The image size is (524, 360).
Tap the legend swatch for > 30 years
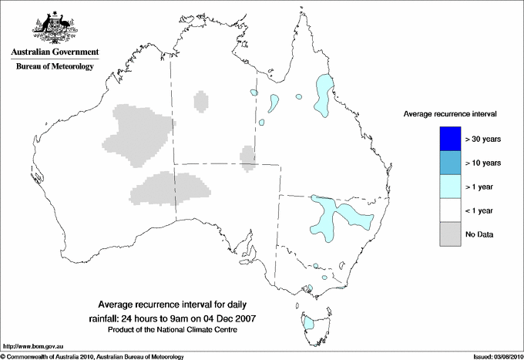[445, 139]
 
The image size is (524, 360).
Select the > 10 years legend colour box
[445, 162]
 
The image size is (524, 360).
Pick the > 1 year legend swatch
[445, 186]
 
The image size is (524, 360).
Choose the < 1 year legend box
[445, 210]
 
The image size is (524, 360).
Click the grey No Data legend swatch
[445, 234]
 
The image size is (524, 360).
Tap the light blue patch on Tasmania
[309, 322]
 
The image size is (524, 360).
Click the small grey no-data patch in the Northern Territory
[201, 101]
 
